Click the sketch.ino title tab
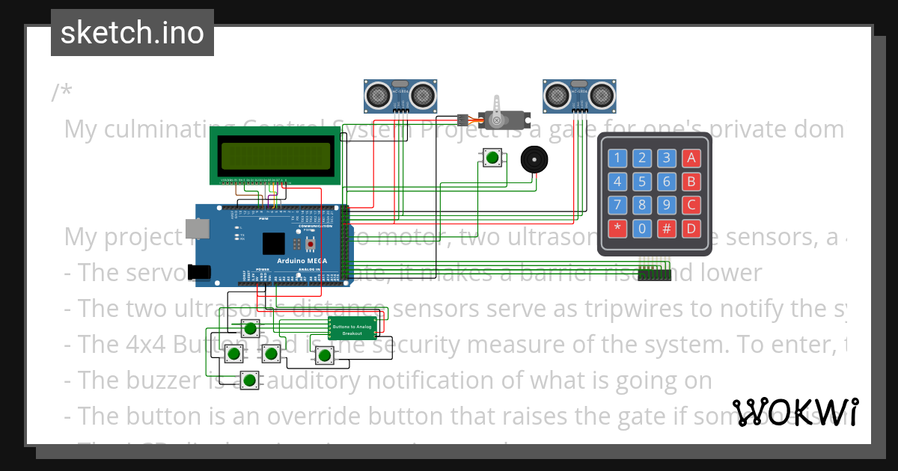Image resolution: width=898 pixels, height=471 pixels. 132,33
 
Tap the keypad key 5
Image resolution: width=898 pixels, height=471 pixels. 642,182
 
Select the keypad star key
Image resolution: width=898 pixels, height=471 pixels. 617,229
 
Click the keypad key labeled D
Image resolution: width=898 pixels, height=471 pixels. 691,229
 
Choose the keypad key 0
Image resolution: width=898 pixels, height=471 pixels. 642,229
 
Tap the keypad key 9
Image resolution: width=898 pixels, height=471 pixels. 666,205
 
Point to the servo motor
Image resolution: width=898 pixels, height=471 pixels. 500,117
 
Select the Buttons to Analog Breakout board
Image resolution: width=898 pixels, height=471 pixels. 351,327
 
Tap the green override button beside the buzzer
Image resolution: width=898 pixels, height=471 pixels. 492,157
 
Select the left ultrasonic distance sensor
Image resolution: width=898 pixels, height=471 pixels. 400,94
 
